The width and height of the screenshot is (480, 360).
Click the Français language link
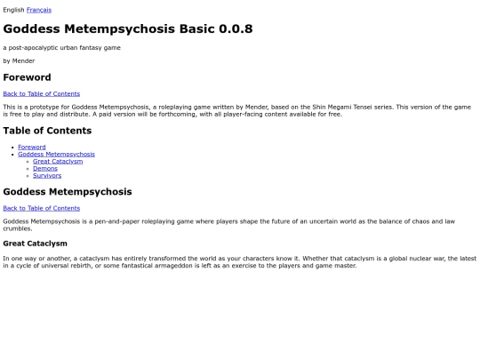(x=39, y=10)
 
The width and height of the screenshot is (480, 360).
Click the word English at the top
(x=13, y=10)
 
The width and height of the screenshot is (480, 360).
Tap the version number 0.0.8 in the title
(x=235, y=28)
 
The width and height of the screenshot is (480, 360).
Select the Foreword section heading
(x=27, y=77)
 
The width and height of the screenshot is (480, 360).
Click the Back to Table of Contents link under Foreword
(x=41, y=93)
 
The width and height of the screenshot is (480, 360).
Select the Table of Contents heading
(x=47, y=131)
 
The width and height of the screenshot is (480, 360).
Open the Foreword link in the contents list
(x=31, y=147)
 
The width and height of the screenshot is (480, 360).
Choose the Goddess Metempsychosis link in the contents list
(x=56, y=154)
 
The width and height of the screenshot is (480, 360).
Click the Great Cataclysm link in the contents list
(x=58, y=161)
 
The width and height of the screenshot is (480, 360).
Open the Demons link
(x=45, y=168)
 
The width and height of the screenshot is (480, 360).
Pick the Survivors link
(x=47, y=175)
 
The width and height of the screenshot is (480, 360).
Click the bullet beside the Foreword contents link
(x=11, y=147)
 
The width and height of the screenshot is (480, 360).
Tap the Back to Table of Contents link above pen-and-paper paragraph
(x=41, y=208)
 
